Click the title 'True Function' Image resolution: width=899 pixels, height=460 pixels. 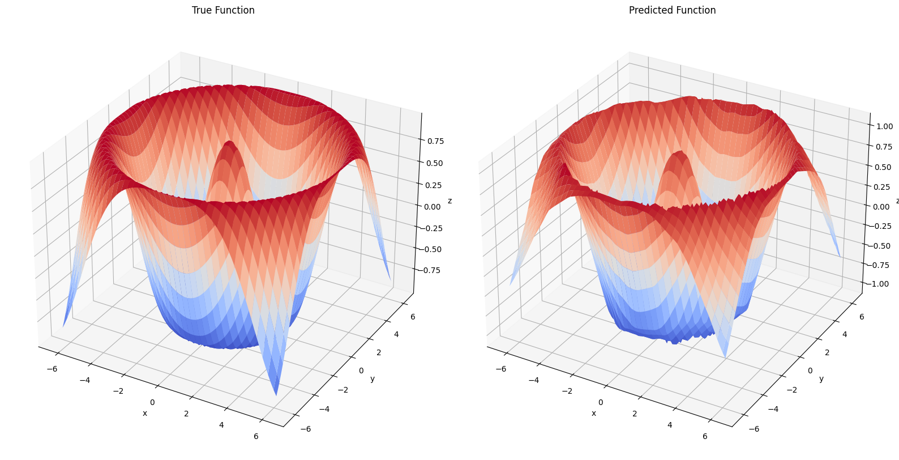[223, 10]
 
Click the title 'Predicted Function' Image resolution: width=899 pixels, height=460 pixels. [672, 10]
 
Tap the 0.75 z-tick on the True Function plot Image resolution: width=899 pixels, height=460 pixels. [435, 141]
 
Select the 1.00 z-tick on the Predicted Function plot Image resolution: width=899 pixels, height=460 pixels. [884, 126]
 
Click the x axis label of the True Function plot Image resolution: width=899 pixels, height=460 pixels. [145, 414]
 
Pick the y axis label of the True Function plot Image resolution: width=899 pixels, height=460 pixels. [372, 378]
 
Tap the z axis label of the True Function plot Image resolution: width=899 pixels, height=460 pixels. [449, 201]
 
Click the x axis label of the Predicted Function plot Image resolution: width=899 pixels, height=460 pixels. [593, 414]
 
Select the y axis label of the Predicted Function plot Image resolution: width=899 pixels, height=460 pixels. [821, 378]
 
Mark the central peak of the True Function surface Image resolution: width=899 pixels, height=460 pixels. [229, 143]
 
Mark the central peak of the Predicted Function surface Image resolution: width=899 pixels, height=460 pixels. [678, 154]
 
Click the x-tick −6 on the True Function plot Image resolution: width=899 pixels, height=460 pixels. [52, 369]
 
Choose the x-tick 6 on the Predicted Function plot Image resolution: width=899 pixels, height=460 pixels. [705, 436]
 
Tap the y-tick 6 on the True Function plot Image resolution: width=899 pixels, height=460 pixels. [413, 317]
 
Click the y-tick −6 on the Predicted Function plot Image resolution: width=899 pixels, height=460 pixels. [754, 429]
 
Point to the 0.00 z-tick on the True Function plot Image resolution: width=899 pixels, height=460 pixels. [433, 207]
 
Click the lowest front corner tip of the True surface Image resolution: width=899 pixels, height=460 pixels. [276, 394]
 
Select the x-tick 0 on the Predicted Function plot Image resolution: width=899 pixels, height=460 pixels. [601, 402]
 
